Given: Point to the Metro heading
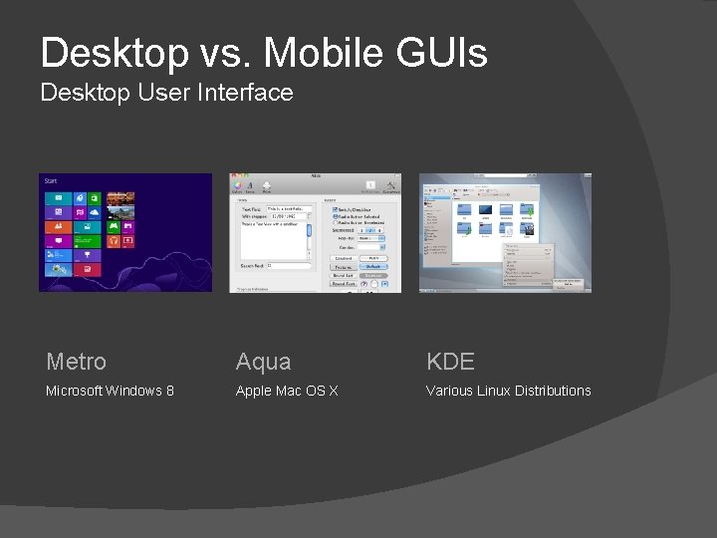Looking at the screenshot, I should [x=76, y=362].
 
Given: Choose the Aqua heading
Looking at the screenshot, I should [x=263, y=362].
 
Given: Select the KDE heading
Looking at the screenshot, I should [x=450, y=362].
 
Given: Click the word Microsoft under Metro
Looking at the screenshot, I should [x=74, y=391].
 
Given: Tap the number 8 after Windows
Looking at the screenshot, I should [x=169, y=391].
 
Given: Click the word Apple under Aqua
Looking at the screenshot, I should [x=254, y=391].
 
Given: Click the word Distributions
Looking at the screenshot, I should [x=553, y=391].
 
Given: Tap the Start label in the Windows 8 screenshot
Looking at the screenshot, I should [x=50, y=181].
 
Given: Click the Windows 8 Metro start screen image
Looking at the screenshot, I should [x=125, y=232].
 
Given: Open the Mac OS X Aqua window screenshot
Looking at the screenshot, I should [x=315, y=232].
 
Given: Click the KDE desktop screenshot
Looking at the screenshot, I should [x=505, y=232].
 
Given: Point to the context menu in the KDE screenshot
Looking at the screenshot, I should [x=527, y=265].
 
